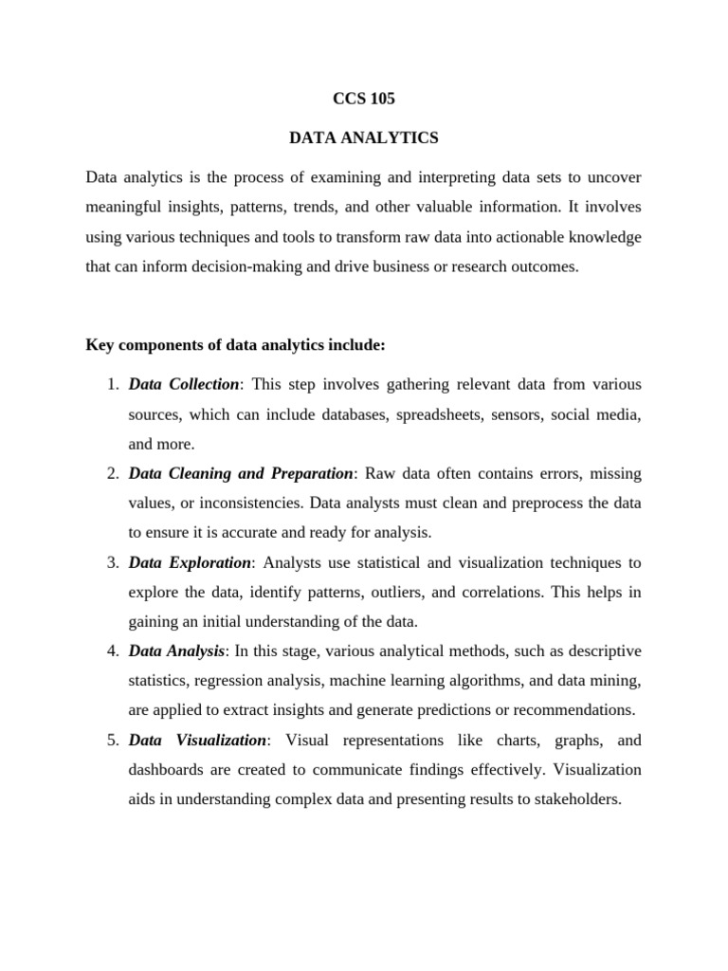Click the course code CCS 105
364,98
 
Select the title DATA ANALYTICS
364,137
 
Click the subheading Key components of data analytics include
235,345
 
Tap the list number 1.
110,384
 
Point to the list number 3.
110,562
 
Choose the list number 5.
110,740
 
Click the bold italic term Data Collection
184,384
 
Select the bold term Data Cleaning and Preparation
241,473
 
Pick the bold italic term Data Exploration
190,562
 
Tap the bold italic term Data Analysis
176,650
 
